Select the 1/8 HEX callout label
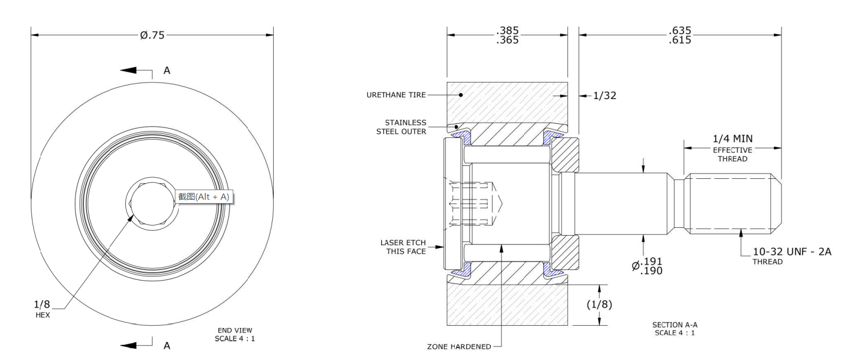[43, 309]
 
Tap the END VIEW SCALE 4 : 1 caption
[234, 334]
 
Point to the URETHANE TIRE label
[396, 96]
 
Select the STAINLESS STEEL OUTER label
[401, 127]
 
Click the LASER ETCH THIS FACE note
[403, 247]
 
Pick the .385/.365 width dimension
[508, 35]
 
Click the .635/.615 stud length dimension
[680, 35]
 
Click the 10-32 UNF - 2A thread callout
[792, 251]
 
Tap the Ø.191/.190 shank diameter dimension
[647, 265]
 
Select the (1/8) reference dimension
[599, 304]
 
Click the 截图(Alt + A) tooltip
[204, 196]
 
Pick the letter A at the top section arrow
[166, 71]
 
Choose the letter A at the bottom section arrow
[166, 346]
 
